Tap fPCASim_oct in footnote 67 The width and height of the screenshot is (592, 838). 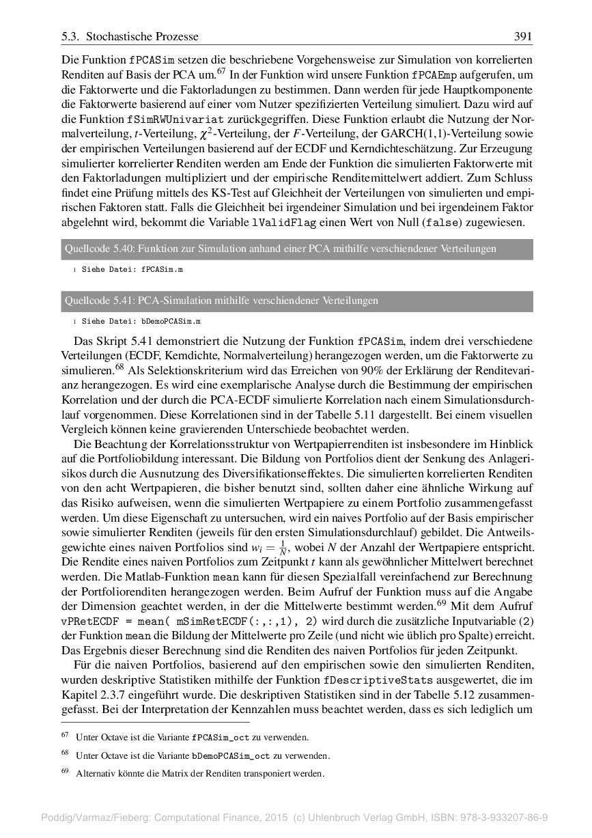[221, 738]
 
